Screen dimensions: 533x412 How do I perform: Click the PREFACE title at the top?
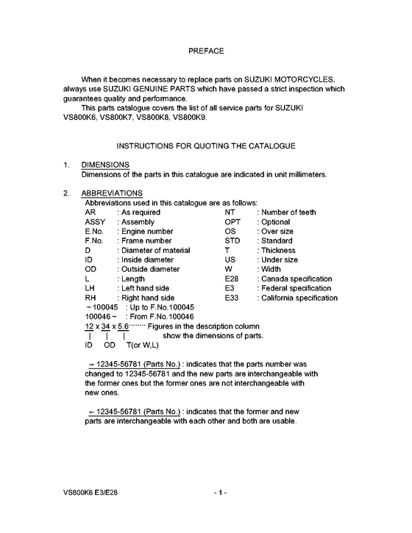(x=206, y=51)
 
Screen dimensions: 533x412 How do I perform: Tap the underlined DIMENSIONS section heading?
(x=107, y=165)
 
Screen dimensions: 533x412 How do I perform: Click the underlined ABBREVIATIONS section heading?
(x=113, y=193)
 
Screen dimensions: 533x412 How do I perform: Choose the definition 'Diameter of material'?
(x=155, y=251)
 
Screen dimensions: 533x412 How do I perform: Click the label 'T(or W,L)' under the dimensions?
(x=142, y=345)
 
